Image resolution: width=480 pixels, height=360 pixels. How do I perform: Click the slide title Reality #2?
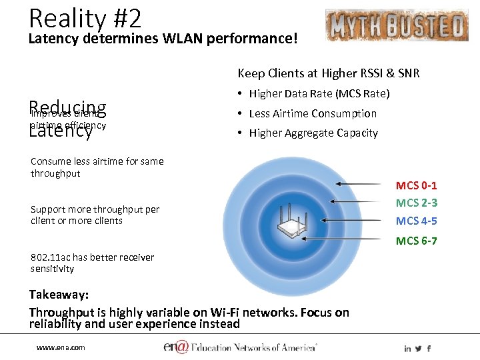click(x=85, y=17)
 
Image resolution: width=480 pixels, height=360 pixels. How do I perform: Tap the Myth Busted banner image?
click(x=397, y=25)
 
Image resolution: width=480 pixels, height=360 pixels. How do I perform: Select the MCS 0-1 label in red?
click(x=416, y=185)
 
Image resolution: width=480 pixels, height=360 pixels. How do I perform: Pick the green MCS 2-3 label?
click(x=416, y=203)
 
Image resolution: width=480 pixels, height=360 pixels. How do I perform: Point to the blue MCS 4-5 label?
click(x=416, y=221)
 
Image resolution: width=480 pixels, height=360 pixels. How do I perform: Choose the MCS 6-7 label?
click(x=416, y=241)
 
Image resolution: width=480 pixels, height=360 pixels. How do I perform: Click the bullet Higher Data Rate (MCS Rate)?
click(x=319, y=93)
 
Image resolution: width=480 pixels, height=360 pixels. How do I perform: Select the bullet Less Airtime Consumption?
click(x=312, y=113)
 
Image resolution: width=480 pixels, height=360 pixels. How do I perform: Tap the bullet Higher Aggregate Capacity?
click(x=313, y=133)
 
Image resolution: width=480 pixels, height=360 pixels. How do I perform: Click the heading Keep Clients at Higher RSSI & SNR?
click(x=329, y=73)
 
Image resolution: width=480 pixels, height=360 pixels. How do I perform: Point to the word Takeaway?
click(x=59, y=294)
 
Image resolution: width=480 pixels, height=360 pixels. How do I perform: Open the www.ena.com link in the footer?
click(x=60, y=347)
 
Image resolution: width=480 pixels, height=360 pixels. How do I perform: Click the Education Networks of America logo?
click(x=240, y=347)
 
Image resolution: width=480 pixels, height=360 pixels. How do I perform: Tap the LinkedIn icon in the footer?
click(x=407, y=348)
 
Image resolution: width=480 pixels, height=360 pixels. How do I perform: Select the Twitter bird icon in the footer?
click(x=418, y=348)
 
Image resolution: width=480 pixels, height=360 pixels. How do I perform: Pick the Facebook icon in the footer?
click(x=429, y=348)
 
